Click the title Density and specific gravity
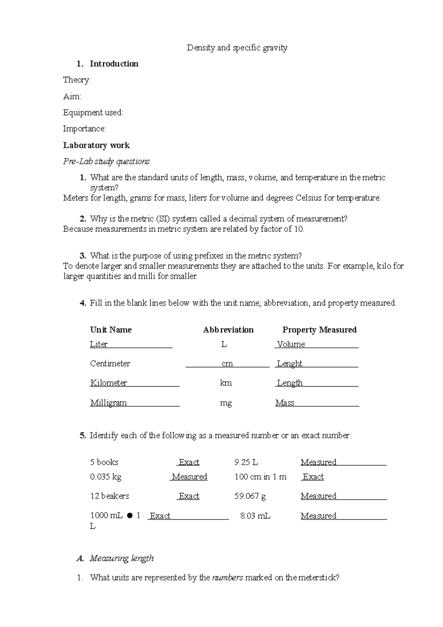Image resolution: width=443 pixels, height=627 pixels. [x=237, y=48]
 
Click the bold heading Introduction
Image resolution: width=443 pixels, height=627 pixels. [x=114, y=64]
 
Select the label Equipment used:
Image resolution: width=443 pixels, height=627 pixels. [x=93, y=113]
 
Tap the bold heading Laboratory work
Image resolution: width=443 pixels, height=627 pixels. [x=96, y=145]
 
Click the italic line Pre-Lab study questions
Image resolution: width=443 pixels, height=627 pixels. [x=106, y=161]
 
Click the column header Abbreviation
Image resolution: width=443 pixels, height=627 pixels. [x=228, y=330]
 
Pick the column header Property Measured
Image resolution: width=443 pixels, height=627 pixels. [x=319, y=330]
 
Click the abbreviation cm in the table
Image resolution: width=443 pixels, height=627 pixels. [x=227, y=364]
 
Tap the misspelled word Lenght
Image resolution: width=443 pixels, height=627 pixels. [x=289, y=364]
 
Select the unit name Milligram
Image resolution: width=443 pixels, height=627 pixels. [x=108, y=403]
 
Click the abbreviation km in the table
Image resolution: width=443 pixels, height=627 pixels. [x=226, y=383]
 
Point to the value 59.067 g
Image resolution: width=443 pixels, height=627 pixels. [x=250, y=496]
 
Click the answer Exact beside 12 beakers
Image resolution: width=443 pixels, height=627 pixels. [x=189, y=496]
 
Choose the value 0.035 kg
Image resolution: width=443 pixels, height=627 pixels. [x=106, y=477]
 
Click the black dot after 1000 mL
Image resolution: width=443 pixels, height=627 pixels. [x=130, y=516]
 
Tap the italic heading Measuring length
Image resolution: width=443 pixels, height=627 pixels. [x=121, y=558]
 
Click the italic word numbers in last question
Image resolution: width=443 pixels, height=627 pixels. [x=227, y=578]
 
